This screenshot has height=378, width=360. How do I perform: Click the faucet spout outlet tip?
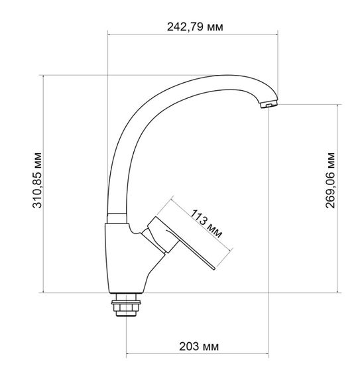269,105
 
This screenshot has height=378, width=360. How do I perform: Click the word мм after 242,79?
213,27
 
